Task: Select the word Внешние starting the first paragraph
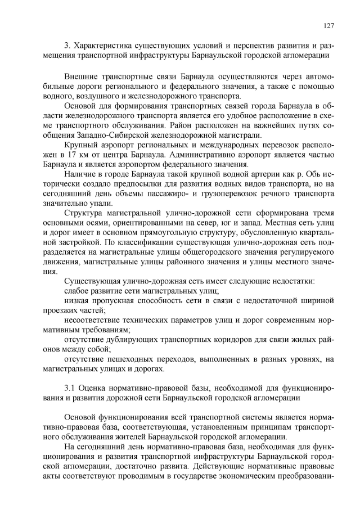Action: (82, 75)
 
